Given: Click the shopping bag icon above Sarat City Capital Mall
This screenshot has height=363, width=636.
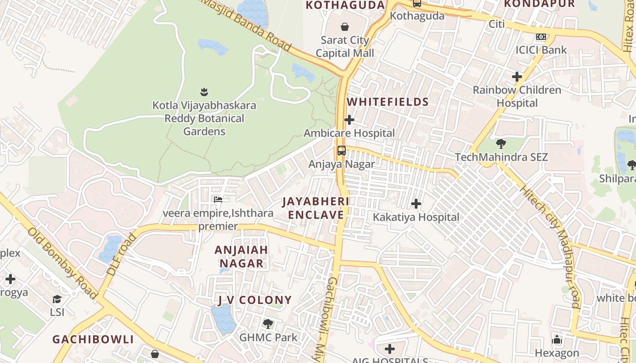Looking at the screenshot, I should [x=345, y=27].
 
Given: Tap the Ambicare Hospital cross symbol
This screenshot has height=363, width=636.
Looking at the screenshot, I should [x=349, y=120].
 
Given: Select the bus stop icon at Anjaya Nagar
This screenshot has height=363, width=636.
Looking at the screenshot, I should [x=341, y=151].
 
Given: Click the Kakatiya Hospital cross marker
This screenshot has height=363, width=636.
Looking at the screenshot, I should [x=416, y=204].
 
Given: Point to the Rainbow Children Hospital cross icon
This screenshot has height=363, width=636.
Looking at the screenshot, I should [x=517, y=77].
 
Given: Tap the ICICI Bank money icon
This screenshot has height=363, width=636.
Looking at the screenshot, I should [x=541, y=37].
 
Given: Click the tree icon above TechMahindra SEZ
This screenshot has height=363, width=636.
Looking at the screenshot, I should [x=501, y=144].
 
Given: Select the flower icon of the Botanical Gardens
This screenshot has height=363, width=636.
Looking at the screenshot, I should [x=204, y=92].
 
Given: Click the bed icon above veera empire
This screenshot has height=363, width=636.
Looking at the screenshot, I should [x=218, y=199].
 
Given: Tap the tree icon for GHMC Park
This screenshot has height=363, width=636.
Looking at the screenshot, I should [x=268, y=324].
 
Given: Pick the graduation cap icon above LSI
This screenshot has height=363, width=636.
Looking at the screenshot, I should [x=57, y=299].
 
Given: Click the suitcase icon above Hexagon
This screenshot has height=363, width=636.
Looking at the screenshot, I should [x=557, y=339].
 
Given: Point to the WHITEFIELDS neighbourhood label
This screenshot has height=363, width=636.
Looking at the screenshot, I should [x=388, y=102].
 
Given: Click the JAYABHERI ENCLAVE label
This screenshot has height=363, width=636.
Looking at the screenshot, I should [x=316, y=208].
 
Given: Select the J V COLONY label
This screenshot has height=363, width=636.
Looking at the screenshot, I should [x=254, y=300].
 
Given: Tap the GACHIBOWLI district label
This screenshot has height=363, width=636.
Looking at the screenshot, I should [x=93, y=339].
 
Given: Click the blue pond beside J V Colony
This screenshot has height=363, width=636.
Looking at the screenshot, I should [x=223, y=319].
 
